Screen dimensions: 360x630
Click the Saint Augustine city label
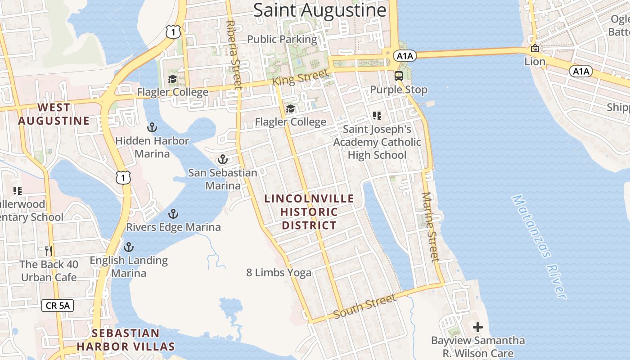319,10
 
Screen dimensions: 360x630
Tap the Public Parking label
282,39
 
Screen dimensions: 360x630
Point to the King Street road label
300,77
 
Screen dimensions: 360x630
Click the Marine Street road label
430,227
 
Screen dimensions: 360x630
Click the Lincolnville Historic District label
309,211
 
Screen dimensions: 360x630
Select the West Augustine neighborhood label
54,114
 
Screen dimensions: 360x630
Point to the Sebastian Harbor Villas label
126,340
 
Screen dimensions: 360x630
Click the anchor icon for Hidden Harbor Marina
152,127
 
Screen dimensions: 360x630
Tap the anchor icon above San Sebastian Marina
222,159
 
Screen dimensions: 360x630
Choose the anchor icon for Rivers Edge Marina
173,214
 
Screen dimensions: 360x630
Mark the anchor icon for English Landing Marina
129,247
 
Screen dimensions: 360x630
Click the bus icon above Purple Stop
399,76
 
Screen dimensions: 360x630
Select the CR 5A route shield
58,306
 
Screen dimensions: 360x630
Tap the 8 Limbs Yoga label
279,272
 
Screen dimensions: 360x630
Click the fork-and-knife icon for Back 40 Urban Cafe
49,251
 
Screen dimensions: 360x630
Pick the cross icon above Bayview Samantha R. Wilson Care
478,327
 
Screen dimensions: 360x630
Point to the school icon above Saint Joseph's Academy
377,116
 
